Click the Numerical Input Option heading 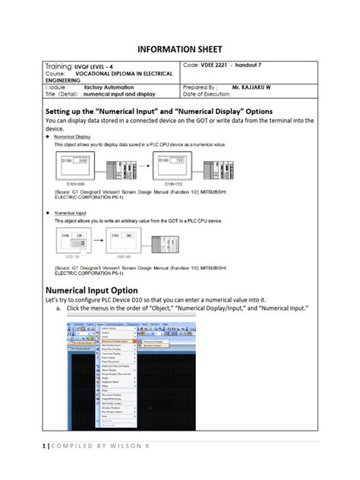tap(92, 290)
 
